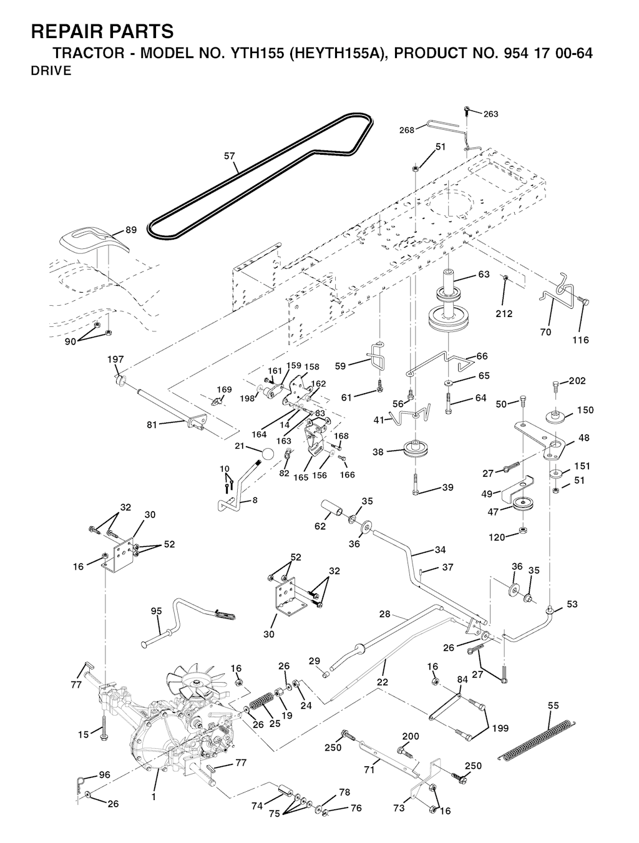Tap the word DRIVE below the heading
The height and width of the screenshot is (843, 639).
(x=51, y=71)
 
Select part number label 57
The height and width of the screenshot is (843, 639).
(x=230, y=157)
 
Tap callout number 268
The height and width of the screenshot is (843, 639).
(x=407, y=130)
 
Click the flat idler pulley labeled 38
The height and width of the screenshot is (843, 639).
(x=412, y=449)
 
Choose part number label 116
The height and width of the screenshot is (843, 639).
(x=580, y=340)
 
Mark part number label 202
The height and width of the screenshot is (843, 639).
(x=577, y=381)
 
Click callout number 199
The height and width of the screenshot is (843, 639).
(x=500, y=728)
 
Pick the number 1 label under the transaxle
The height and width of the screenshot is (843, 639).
(x=153, y=797)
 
